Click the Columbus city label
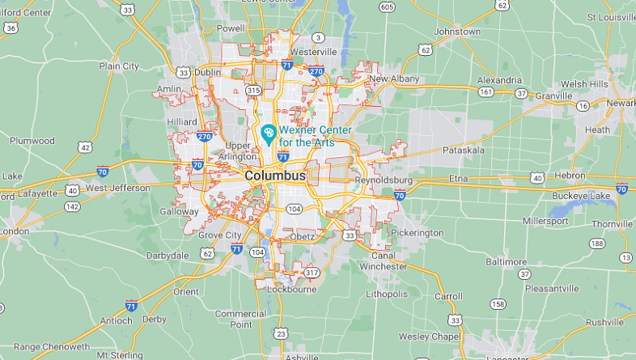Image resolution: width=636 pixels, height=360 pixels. click(275, 176)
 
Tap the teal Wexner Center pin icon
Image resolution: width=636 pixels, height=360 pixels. click(269, 131)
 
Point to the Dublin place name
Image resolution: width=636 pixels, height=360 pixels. click(207, 72)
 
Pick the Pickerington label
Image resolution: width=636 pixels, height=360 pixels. click(416, 232)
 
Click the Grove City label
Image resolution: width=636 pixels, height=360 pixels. click(220, 235)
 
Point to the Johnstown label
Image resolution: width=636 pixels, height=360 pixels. click(457, 32)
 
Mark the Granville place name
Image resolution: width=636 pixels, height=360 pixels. click(553, 95)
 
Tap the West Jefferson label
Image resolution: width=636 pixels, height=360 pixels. click(118, 188)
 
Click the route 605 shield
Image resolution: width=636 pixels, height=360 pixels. click(388, 7)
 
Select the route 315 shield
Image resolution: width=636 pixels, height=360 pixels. click(253, 90)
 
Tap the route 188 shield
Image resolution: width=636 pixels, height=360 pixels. click(597, 244)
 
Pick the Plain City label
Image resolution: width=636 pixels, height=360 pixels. click(119, 66)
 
